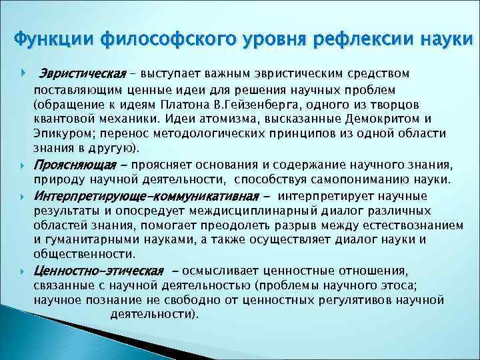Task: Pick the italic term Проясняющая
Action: click(77, 165)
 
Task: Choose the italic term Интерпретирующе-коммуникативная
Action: click(146, 196)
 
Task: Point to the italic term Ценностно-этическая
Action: click(98, 271)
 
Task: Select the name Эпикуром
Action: click(62, 134)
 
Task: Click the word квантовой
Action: click(65, 119)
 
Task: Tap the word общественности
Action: click(84, 254)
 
